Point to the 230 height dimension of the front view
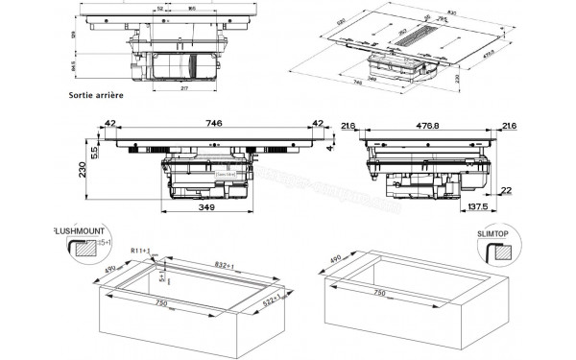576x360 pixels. (x=85, y=170)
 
